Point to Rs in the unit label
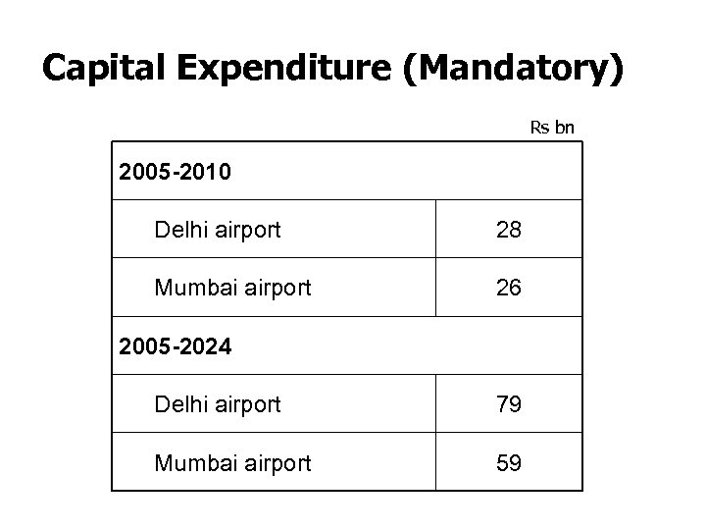539,127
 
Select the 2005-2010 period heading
175,174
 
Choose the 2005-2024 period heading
175,345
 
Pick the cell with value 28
508,231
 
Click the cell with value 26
508,289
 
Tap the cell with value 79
508,404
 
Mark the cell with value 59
508,462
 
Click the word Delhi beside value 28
179,231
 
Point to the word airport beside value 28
245,232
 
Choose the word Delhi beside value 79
179,404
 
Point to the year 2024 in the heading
206,345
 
